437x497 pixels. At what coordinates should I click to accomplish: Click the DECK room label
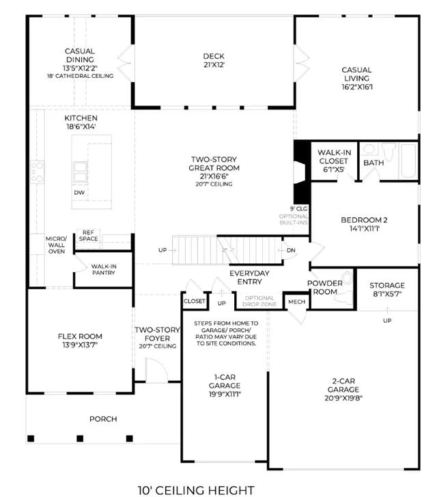coord(214,56)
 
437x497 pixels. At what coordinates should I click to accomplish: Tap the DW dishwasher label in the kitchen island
coord(79,192)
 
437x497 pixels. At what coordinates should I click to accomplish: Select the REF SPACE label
coord(88,235)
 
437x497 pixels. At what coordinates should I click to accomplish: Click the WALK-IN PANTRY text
coord(104,269)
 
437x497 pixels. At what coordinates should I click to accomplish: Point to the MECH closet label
coord(297,301)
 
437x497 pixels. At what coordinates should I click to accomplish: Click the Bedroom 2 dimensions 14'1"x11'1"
coord(364,228)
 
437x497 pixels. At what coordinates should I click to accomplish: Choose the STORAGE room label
coord(387,285)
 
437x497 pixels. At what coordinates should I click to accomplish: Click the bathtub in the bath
coord(408,161)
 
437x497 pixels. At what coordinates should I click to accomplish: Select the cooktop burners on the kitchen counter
coord(37,171)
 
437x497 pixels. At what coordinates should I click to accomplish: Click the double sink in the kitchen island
coord(80,172)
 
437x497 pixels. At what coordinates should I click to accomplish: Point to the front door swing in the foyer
coord(157,370)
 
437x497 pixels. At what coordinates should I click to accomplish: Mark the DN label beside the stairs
coord(291,250)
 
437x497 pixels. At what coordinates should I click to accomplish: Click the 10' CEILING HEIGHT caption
coord(196,490)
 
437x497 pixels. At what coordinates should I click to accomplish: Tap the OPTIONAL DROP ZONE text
coord(259,301)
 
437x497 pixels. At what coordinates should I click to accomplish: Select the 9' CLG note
coord(298,209)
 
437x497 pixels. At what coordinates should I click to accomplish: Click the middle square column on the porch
coord(80,438)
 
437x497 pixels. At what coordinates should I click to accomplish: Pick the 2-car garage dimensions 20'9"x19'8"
coord(343,398)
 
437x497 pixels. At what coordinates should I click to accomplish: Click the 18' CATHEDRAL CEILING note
coord(80,76)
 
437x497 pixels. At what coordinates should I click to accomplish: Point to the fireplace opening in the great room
coord(299,172)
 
